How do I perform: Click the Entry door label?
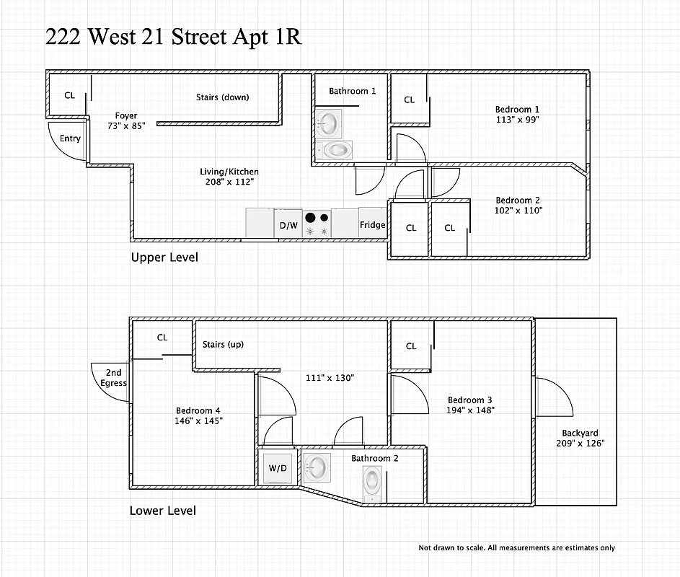click(70, 138)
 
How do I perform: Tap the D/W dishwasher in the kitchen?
click(288, 225)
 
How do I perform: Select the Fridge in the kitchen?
click(372, 224)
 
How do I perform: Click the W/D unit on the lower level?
click(278, 468)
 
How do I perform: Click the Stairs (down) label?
click(222, 97)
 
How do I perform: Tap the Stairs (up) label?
click(223, 344)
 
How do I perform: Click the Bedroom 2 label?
click(518, 201)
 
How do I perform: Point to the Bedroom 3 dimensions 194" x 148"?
click(470, 410)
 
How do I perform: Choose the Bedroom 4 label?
click(198, 410)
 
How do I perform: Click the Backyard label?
click(580, 433)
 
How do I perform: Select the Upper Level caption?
click(164, 257)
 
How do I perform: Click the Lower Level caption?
click(162, 511)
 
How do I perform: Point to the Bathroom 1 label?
click(353, 91)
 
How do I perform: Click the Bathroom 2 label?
click(374, 458)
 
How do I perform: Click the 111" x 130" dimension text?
click(330, 378)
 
